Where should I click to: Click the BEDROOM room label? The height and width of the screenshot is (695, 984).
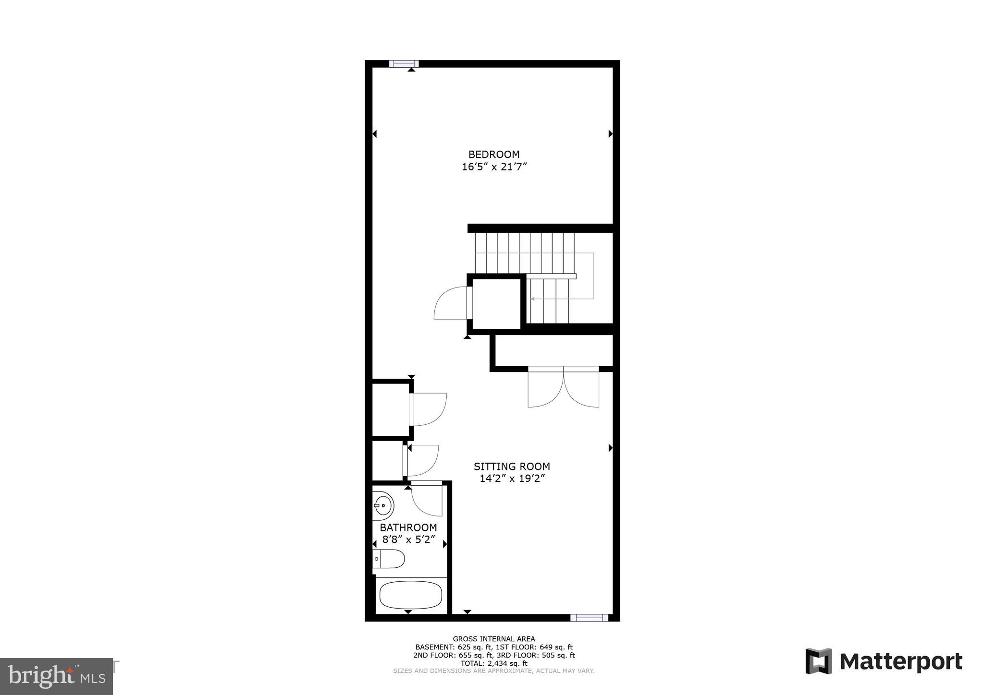pyautogui.click(x=494, y=155)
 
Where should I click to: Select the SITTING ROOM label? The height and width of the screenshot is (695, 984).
pyautogui.click(x=512, y=466)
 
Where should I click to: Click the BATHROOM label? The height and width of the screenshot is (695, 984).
pyautogui.click(x=408, y=527)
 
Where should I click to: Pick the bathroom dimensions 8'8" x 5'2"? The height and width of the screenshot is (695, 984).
pyautogui.click(x=408, y=539)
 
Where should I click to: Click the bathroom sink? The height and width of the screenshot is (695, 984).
pyautogui.click(x=383, y=506)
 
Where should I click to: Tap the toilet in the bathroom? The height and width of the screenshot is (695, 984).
pyautogui.click(x=389, y=559)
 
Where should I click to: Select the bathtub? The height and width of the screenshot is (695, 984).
pyautogui.click(x=410, y=595)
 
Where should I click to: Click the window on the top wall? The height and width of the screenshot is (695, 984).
pyautogui.click(x=404, y=64)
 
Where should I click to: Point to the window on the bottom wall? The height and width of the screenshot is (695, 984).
pyautogui.click(x=589, y=618)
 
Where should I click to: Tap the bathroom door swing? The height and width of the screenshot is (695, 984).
pyautogui.click(x=427, y=499)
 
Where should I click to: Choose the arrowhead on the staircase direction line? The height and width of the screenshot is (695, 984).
pyautogui.click(x=533, y=299)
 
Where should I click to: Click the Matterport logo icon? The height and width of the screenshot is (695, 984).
pyautogui.click(x=818, y=661)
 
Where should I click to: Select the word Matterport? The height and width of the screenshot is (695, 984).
pyautogui.click(x=901, y=662)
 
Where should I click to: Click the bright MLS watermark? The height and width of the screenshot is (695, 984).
pyautogui.click(x=56, y=676)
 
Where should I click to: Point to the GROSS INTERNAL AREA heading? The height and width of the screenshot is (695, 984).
pyautogui.click(x=493, y=639)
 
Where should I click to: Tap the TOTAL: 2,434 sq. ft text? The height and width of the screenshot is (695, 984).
pyautogui.click(x=493, y=663)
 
